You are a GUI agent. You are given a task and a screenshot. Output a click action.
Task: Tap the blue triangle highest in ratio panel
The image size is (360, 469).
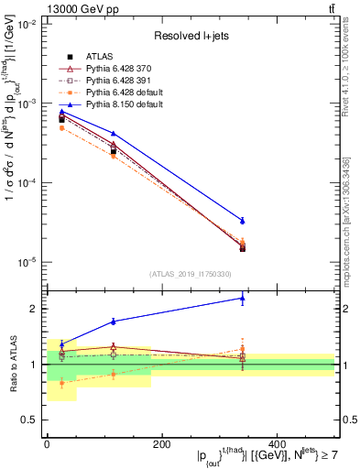(x=242, y=298)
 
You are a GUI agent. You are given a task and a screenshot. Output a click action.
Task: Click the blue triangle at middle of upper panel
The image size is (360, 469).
(x=113, y=134)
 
